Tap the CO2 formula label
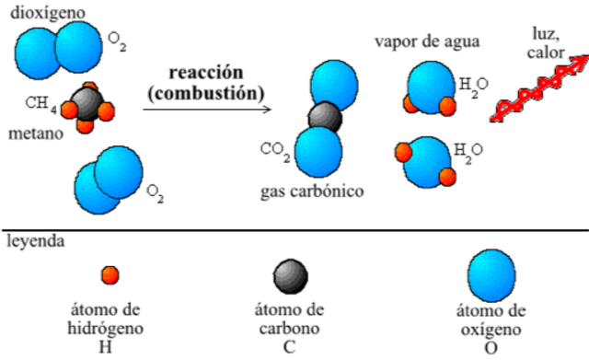[x=276, y=149]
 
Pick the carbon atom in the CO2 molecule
[x=324, y=117]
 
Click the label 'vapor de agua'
[x=427, y=42]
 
